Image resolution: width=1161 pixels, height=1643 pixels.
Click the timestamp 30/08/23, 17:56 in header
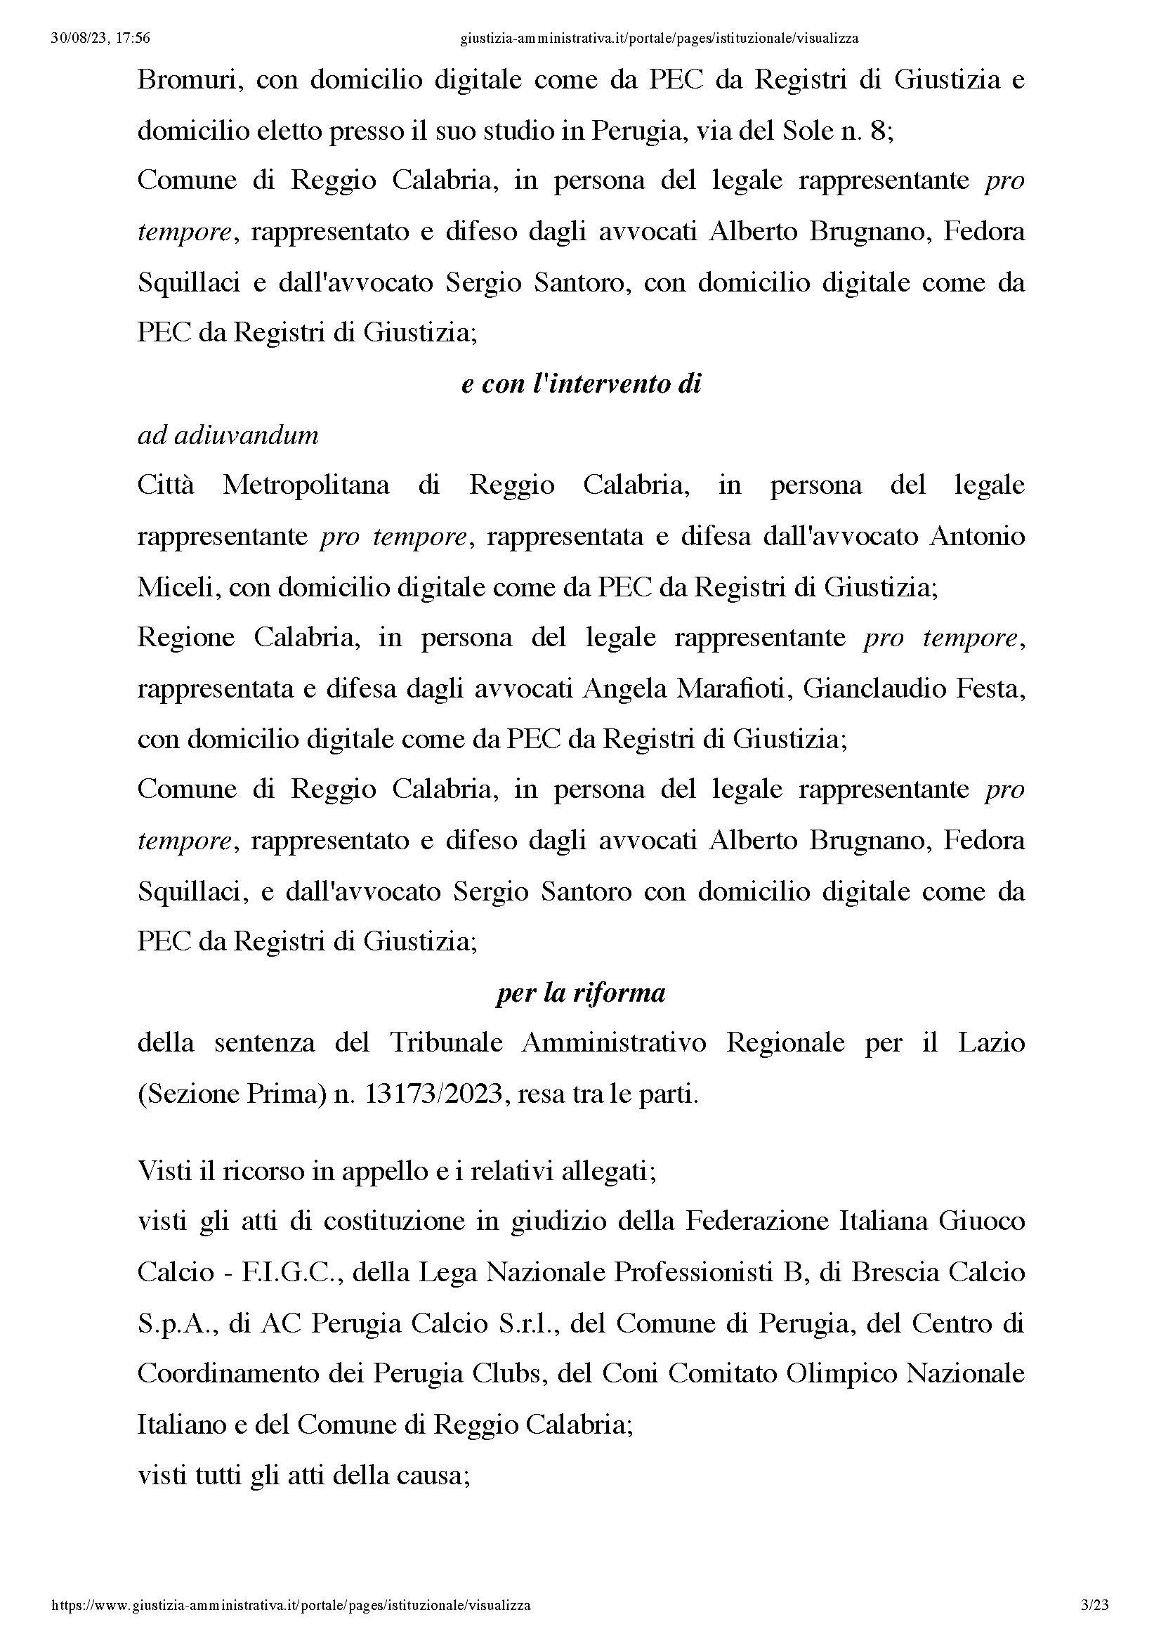point(100,39)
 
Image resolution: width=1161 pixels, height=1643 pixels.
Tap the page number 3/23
point(1094,1604)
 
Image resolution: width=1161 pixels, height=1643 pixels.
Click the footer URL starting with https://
point(291,1604)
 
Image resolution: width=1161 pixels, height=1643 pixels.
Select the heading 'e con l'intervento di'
point(581,384)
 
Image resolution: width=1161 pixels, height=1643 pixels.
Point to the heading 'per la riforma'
point(580,993)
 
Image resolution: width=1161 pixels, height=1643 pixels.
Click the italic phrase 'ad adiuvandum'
point(228,435)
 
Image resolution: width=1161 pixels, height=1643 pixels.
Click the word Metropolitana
point(306,486)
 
